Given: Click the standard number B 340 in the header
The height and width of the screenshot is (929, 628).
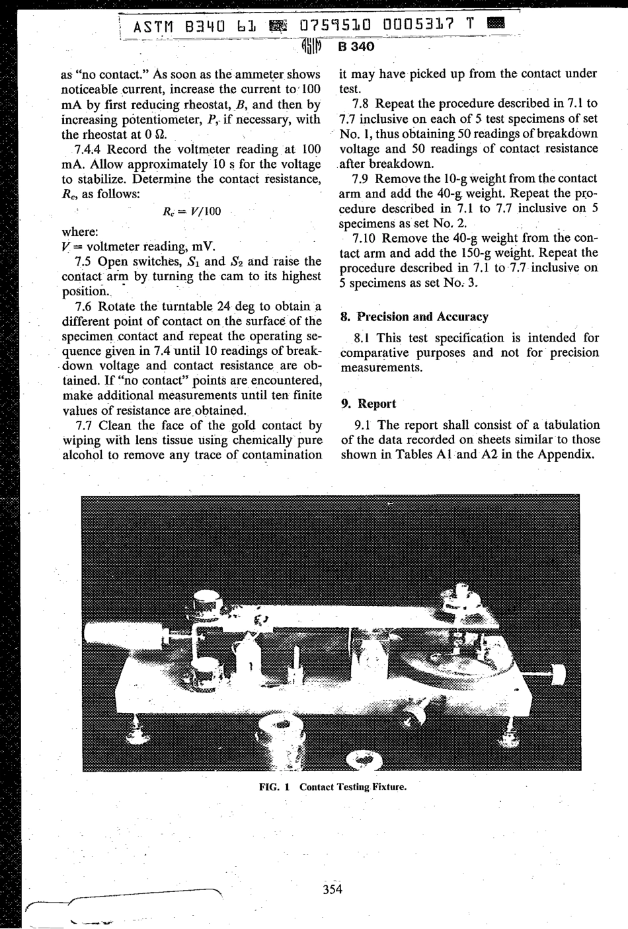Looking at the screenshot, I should pyautogui.click(x=356, y=46).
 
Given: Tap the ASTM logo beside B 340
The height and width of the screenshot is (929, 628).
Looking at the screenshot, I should pyautogui.click(x=314, y=46).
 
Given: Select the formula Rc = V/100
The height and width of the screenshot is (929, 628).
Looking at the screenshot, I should pyautogui.click(x=192, y=211).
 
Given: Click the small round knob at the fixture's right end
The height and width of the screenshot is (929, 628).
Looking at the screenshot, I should pyautogui.click(x=558, y=675).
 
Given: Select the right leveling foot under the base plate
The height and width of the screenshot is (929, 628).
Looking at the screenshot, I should pyautogui.click(x=510, y=729).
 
